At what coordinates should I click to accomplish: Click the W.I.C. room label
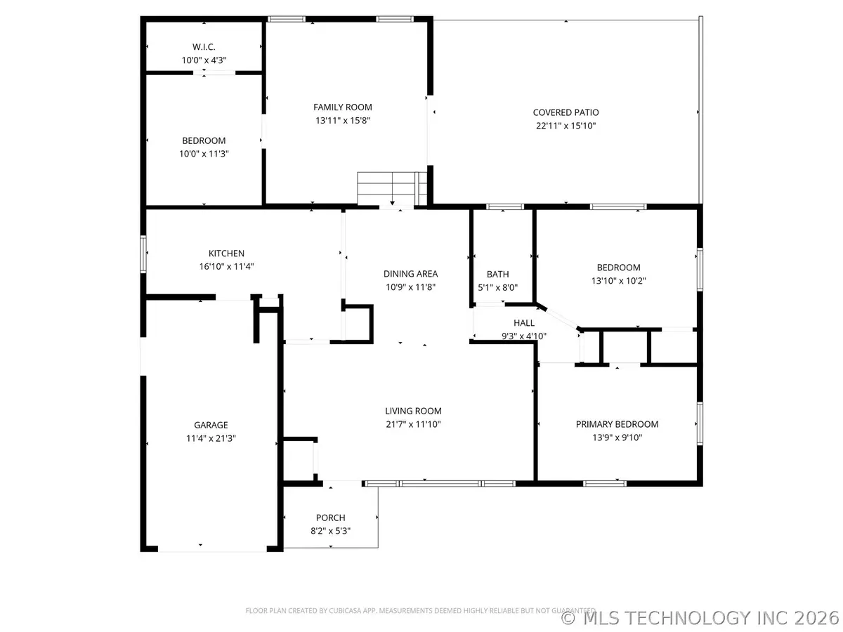[204, 47]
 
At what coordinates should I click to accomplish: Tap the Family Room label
[343, 107]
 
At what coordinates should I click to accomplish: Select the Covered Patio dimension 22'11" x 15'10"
[566, 126]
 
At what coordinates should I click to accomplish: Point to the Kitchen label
[226, 254]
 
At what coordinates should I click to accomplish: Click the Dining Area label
[410, 274]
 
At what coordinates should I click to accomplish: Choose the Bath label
[497, 275]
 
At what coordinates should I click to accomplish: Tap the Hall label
[524, 323]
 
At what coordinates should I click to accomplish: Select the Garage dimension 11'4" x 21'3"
[211, 438]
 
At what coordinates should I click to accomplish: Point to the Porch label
[330, 518]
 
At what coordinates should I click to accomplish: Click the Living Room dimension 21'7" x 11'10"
[413, 424]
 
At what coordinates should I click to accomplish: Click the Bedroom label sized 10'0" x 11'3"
[204, 140]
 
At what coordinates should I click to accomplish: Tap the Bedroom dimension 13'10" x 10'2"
[618, 280]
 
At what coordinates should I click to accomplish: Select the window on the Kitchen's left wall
[143, 254]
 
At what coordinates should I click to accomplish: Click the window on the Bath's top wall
[506, 206]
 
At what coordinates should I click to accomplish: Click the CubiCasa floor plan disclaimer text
[420, 610]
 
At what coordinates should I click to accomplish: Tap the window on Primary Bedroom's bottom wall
[606, 483]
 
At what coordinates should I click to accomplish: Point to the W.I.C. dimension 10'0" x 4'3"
[204, 60]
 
